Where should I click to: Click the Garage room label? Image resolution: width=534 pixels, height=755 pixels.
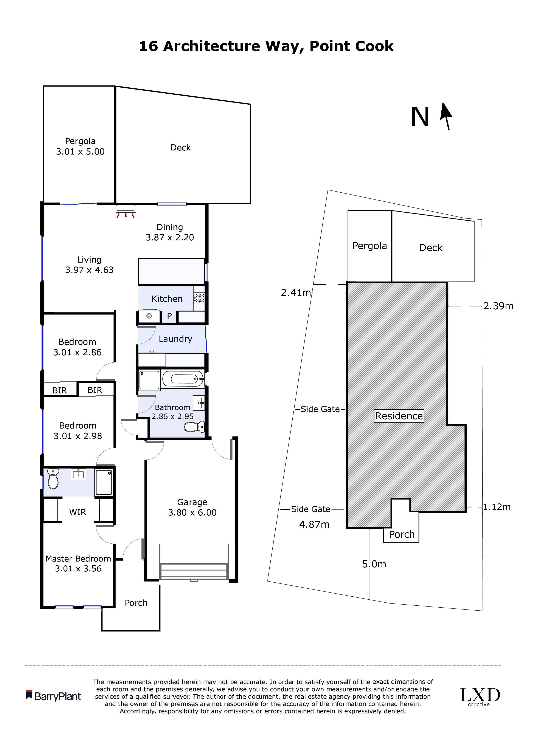tap(192, 502)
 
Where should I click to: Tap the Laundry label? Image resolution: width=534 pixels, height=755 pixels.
tap(175, 339)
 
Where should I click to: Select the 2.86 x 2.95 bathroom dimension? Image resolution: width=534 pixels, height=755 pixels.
tap(172, 416)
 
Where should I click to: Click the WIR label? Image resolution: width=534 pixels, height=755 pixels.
tap(78, 512)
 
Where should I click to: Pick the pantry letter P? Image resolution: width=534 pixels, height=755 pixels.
tap(169, 316)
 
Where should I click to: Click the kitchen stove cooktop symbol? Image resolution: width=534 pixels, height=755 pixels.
tap(199, 298)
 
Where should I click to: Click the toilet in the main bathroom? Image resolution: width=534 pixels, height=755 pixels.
tap(194, 427)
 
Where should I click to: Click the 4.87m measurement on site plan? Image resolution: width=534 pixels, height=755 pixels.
tap(314, 524)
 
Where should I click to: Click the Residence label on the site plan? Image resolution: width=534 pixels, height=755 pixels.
tap(399, 416)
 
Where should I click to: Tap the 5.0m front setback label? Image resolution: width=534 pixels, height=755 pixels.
tap(374, 564)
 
